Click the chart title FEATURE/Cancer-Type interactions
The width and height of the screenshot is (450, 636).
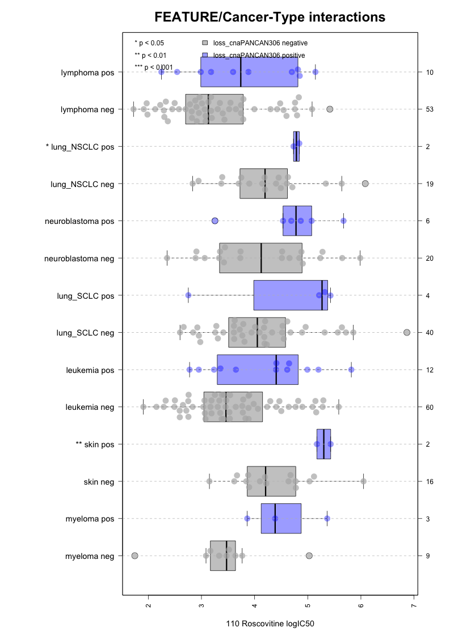point(270,18)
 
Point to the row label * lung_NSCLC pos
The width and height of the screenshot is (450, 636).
point(79,147)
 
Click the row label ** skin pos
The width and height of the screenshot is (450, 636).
point(95,444)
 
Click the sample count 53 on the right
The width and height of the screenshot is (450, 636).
point(430,109)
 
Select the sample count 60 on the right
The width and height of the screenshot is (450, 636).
point(430,407)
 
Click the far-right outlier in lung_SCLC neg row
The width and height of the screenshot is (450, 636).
point(407,332)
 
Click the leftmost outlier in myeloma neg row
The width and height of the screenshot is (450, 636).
point(134,556)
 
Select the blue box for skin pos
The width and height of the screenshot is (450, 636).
point(323,444)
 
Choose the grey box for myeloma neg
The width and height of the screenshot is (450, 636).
point(222,556)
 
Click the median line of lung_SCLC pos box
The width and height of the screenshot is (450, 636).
point(322,295)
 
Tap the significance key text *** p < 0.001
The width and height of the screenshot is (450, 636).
point(154,67)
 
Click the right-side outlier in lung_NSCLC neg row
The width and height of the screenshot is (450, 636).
point(365,183)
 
